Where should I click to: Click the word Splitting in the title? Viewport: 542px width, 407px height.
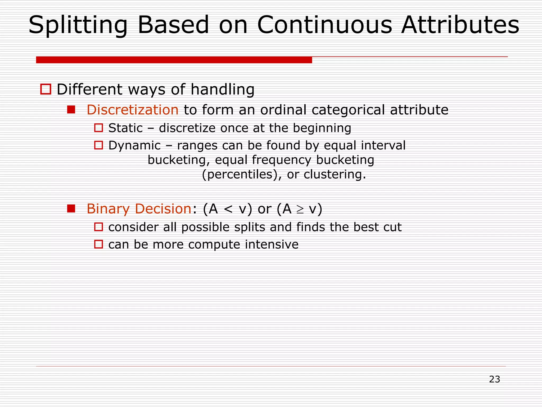(x=78, y=25)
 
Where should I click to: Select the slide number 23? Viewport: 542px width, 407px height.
(x=494, y=379)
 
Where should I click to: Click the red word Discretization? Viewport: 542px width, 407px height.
(x=133, y=110)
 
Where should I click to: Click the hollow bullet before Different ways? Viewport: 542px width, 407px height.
(x=46, y=89)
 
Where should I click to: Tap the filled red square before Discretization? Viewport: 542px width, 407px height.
(x=71, y=110)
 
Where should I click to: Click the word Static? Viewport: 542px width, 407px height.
(x=125, y=128)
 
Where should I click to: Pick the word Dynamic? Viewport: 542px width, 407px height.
(x=134, y=145)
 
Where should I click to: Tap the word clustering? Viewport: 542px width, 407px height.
(x=335, y=174)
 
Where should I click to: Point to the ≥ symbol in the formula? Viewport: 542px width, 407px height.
(x=300, y=209)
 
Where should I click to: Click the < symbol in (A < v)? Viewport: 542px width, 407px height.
(x=228, y=209)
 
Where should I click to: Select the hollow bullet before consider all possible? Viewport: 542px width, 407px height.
(x=98, y=227)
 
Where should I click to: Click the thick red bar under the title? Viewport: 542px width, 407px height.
(x=174, y=60)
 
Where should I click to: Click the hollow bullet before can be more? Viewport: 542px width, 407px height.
(x=98, y=244)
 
